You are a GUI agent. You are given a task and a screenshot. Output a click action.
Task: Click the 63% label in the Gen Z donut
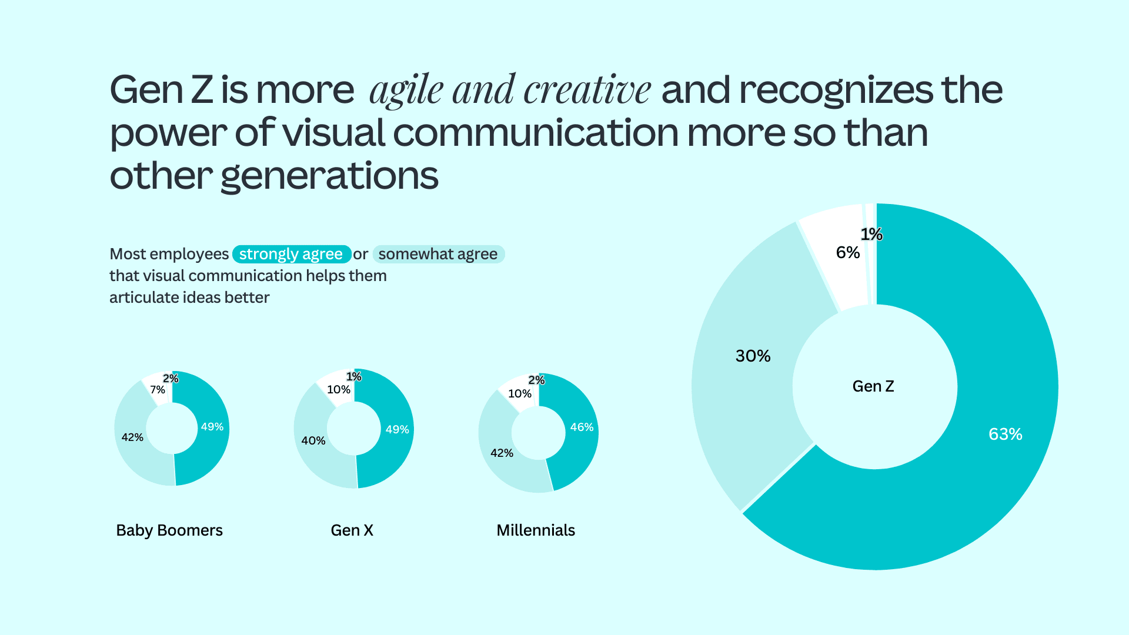(x=1005, y=434)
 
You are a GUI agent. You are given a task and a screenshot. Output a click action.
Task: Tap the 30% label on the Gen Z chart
(x=753, y=356)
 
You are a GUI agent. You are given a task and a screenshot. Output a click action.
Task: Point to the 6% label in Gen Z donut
(x=847, y=253)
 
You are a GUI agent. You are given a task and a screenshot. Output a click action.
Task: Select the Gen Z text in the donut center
(x=873, y=386)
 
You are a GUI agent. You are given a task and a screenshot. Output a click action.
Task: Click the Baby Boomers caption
(x=169, y=530)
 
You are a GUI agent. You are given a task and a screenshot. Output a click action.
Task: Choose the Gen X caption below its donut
(x=352, y=530)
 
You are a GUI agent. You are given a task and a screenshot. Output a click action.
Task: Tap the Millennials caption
(x=535, y=530)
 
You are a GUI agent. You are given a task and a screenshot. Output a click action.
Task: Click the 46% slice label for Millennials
(x=582, y=427)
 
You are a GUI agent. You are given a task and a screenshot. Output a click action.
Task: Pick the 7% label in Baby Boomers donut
(x=157, y=390)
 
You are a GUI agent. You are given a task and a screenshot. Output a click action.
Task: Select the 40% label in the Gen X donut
(x=313, y=440)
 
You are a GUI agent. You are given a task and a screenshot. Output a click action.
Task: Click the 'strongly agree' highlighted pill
(x=291, y=254)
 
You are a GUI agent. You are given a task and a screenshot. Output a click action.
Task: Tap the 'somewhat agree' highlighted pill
(x=438, y=254)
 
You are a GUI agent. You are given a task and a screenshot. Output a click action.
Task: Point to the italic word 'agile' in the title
(x=406, y=91)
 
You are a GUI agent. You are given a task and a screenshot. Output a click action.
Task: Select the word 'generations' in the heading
(x=329, y=176)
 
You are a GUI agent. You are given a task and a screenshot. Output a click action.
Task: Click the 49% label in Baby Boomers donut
(x=212, y=427)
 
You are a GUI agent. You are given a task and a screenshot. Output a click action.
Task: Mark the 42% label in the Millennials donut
(x=502, y=453)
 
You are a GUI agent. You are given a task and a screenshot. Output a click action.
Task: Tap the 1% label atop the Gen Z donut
(x=871, y=235)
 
